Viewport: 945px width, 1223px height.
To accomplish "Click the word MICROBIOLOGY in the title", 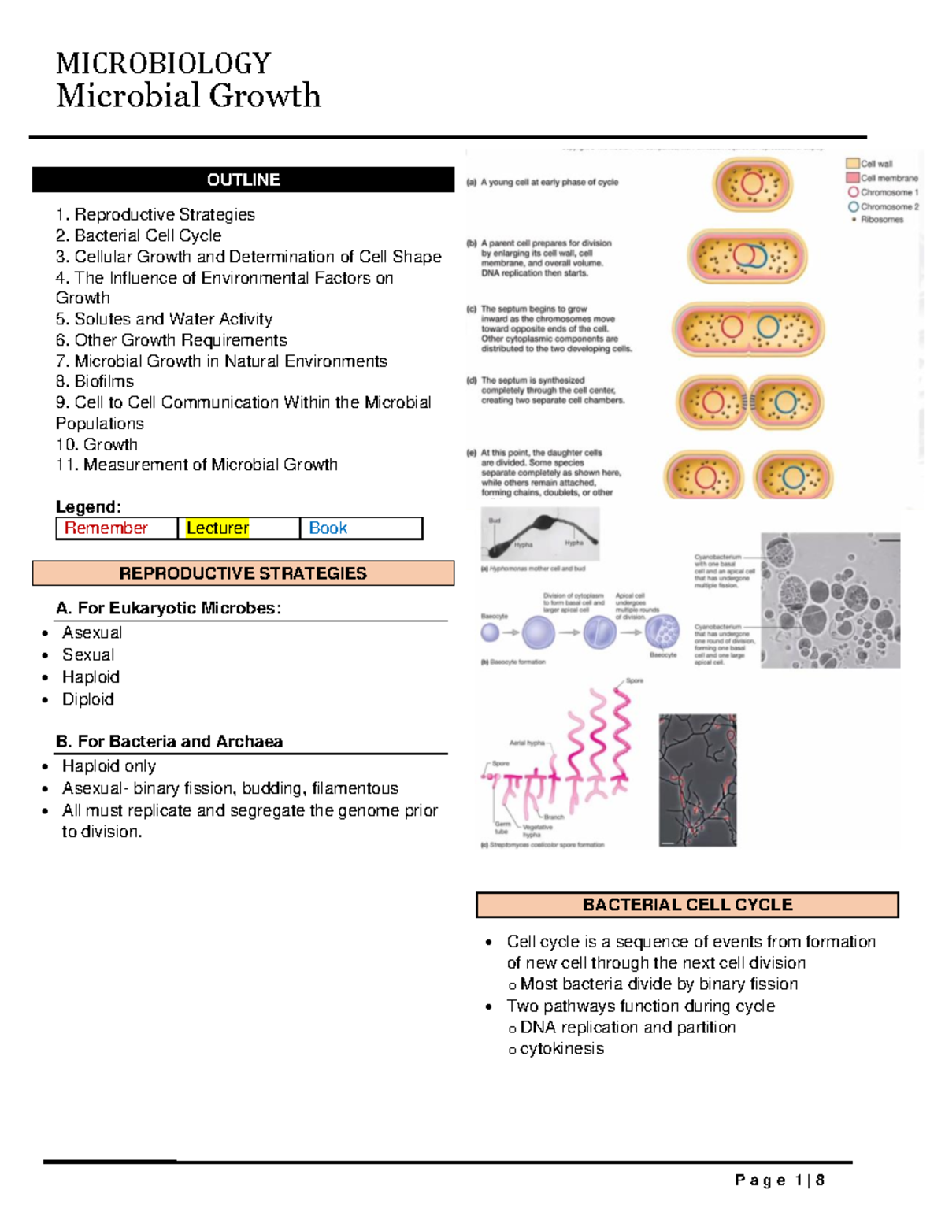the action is (x=164, y=63).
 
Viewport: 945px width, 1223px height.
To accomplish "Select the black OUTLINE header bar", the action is (x=243, y=180).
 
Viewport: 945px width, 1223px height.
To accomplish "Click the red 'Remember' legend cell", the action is (x=106, y=528).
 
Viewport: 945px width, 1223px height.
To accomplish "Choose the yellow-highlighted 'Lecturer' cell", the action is (x=217, y=528).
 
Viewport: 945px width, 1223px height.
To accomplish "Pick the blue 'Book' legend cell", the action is (x=328, y=528).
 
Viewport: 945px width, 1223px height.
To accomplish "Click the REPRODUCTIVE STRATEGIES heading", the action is (x=243, y=573).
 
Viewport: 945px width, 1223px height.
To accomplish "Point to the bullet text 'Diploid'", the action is (x=88, y=699).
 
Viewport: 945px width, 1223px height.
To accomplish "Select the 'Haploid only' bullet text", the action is (x=109, y=766).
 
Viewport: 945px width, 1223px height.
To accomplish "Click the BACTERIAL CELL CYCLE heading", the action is (x=687, y=905).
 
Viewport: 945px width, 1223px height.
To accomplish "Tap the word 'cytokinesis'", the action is (x=562, y=1049).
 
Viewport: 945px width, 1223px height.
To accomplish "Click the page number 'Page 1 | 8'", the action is (x=780, y=1180).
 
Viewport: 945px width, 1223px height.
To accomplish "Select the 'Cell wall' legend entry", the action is (x=876, y=164).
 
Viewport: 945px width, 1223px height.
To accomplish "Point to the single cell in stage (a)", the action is (x=752, y=185).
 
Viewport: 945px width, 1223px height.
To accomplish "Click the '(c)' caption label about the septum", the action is (x=472, y=309).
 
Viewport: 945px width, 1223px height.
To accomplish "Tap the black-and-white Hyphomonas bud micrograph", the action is (x=540, y=534).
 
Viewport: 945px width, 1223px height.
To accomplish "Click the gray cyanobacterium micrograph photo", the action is (x=830, y=600).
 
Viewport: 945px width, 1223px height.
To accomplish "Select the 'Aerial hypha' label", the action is (x=527, y=743).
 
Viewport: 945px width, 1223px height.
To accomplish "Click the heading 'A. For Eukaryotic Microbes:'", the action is (x=169, y=608).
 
